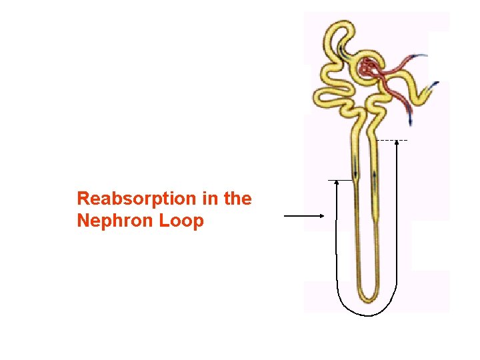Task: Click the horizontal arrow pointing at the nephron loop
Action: (304, 215)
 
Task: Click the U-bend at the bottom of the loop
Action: (366, 296)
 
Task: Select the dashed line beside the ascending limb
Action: (392, 141)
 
